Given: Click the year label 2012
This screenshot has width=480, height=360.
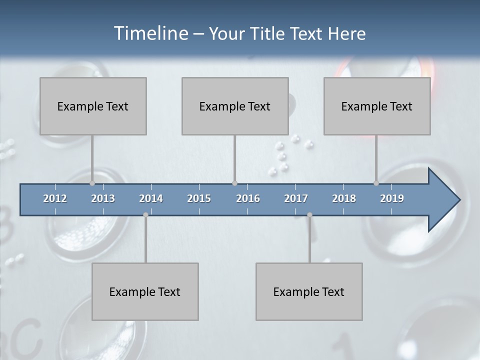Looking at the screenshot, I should [55, 198].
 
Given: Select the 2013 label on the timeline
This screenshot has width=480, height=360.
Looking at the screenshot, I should [103, 198].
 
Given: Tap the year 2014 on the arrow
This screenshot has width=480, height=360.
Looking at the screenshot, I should [151, 198].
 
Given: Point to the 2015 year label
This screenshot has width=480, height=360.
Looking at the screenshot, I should [199, 198].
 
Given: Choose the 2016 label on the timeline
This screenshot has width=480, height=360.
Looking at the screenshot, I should [248, 198].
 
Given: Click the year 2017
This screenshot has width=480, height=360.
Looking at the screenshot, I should [296, 198].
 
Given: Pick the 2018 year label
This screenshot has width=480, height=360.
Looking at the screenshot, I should [344, 198].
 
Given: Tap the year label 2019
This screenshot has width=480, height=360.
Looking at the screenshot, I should [392, 198].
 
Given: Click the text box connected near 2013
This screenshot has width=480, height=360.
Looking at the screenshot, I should [93, 106].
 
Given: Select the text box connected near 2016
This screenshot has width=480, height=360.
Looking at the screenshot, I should [235, 106].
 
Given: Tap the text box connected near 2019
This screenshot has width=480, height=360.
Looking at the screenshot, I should [377, 106].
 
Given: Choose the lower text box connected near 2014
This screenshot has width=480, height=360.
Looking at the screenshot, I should [145, 291].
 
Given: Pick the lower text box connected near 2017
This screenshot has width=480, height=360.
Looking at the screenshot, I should [309, 291].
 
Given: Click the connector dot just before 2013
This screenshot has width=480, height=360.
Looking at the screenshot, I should [92, 183].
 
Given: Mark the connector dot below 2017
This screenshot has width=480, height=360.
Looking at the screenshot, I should [309, 215].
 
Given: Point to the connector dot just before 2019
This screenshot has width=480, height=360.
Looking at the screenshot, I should [376, 183].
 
